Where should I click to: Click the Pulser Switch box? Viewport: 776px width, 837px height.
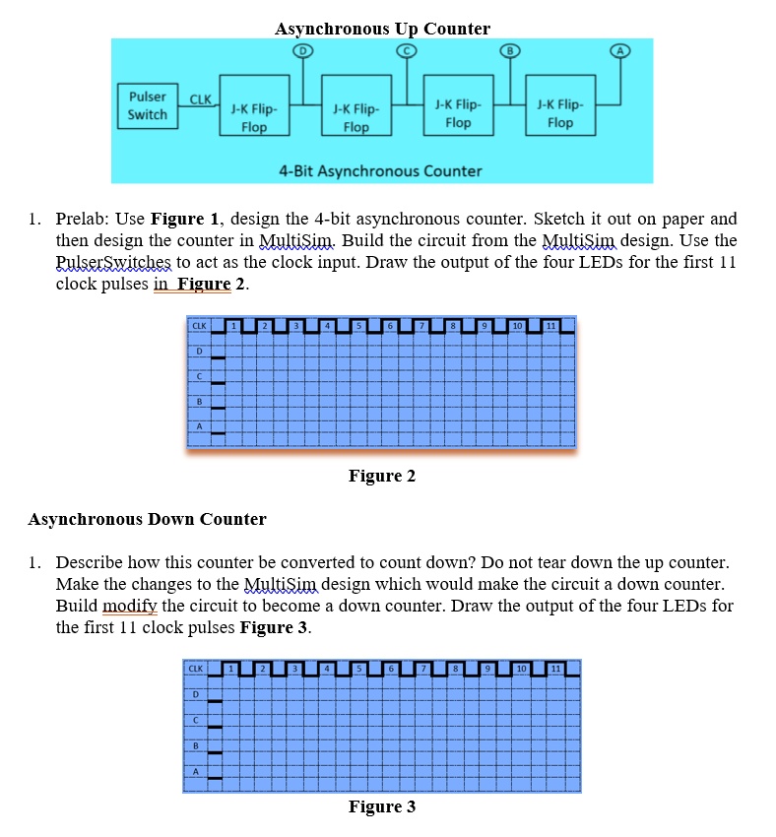point(148,105)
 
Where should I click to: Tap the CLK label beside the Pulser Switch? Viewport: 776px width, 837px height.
point(200,98)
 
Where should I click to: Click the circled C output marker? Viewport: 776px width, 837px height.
point(404,49)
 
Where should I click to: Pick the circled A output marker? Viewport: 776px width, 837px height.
point(618,49)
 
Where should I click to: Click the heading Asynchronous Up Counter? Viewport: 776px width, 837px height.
point(382,29)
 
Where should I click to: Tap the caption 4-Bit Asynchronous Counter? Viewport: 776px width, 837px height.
point(380,170)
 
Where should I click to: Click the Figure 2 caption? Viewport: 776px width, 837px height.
point(382,476)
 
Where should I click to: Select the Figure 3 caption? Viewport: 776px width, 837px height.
point(382,806)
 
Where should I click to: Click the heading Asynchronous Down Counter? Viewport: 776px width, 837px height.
point(148,519)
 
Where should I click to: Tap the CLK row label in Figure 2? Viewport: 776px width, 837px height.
point(199,325)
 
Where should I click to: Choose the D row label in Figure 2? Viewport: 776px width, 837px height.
point(199,350)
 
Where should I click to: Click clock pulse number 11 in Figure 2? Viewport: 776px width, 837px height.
point(551,326)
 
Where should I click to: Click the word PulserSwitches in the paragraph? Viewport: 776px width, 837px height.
point(114,262)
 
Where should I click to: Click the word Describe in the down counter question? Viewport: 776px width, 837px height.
point(91,562)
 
